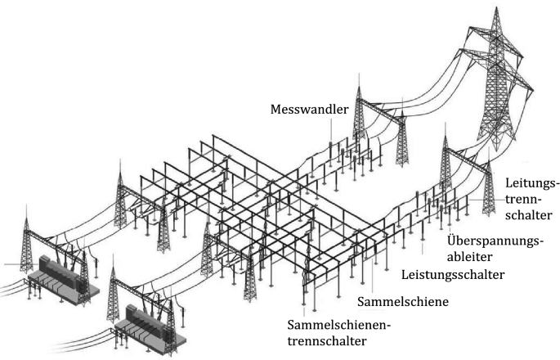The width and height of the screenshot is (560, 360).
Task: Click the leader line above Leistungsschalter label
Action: point(422,250)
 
